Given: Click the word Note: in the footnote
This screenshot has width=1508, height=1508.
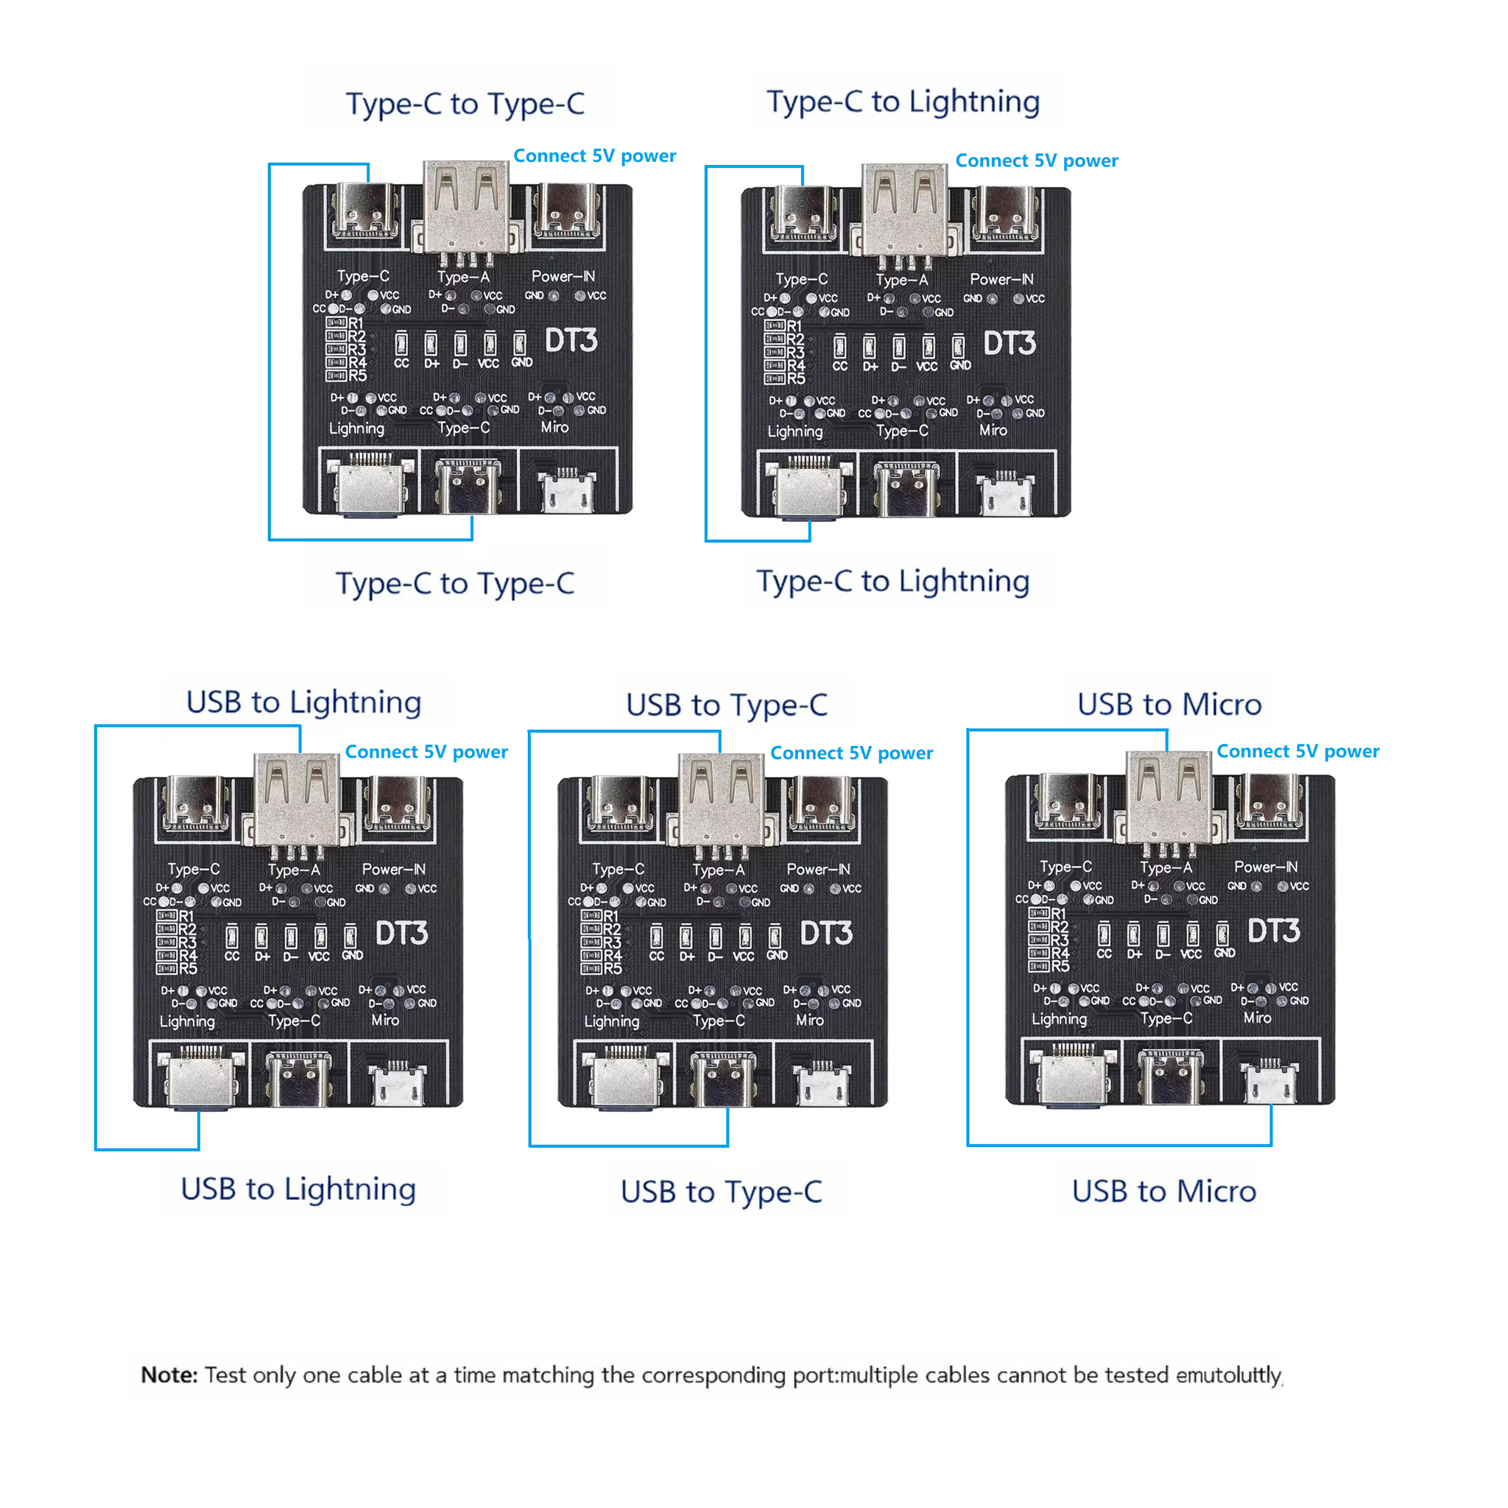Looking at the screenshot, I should click(169, 1375).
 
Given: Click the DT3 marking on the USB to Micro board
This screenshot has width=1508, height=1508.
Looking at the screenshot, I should click(1273, 931).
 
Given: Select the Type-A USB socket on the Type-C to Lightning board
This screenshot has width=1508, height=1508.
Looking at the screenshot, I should click(905, 209).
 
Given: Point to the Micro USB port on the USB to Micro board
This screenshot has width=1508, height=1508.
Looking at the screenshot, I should click(1269, 1083).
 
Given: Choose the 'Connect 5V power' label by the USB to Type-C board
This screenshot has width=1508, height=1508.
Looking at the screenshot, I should click(852, 753).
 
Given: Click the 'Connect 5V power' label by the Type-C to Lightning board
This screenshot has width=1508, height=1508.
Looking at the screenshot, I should click(1037, 161).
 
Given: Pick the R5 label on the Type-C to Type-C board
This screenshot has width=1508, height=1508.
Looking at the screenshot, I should click(356, 376).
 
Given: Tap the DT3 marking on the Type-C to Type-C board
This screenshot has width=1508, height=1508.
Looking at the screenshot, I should click(571, 340).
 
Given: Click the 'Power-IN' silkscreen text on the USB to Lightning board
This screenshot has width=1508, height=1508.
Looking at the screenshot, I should click(393, 870).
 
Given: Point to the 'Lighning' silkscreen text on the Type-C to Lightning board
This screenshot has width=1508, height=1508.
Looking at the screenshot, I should click(794, 431).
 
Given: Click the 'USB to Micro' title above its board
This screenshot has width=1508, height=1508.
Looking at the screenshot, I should click(1169, 705).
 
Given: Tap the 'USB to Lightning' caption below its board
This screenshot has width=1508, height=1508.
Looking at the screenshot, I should click(298, 1190).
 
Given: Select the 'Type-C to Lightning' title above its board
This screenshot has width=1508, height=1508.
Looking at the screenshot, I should click(903, 102).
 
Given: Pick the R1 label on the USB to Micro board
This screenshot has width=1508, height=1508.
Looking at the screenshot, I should click(1057, 914).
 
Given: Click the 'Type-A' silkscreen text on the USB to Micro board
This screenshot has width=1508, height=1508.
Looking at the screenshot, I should click(1166, 868).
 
